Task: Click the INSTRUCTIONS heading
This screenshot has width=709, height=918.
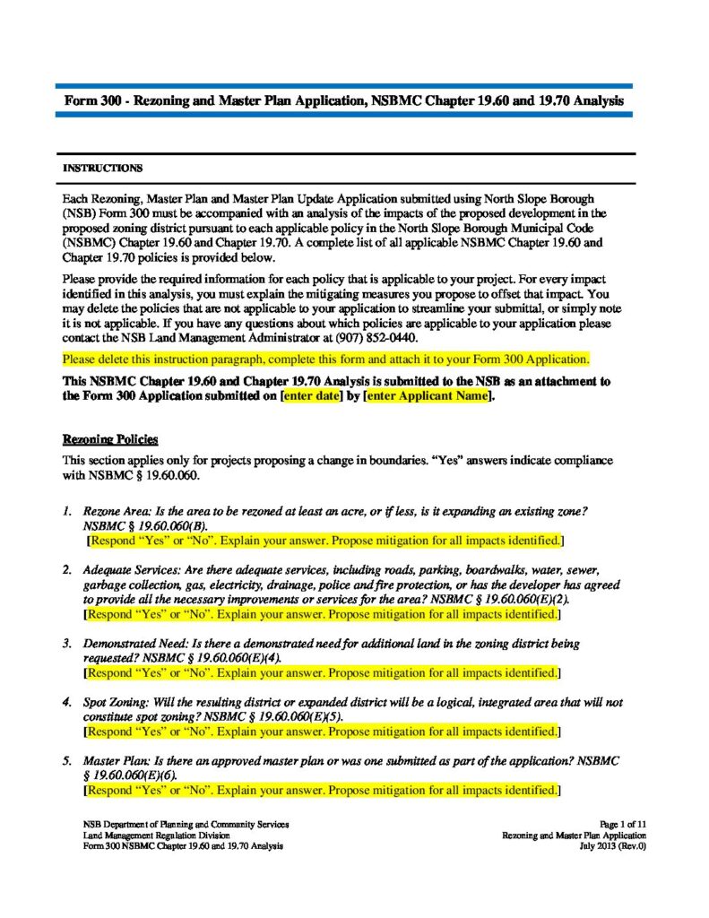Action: point(101,168)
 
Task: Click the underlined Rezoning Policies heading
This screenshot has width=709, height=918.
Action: point(109,439)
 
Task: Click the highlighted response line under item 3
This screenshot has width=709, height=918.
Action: point(323,671)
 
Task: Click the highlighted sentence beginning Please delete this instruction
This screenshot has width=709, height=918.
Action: point(325,359)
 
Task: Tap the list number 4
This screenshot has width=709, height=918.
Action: point(66,704)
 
